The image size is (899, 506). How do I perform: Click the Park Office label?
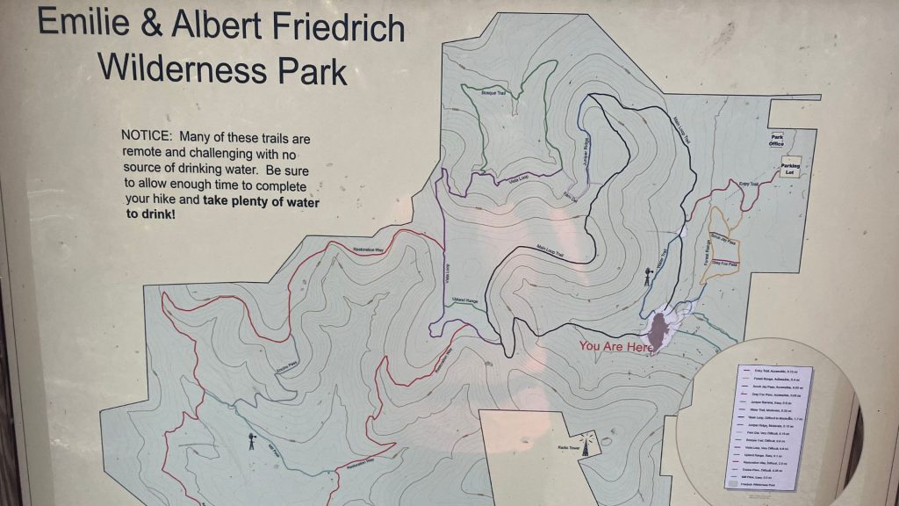[776, 141]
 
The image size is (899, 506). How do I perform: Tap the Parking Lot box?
[791, 168]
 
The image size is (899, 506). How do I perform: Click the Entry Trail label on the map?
[747, 184]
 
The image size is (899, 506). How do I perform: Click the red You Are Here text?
[615, 347]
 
